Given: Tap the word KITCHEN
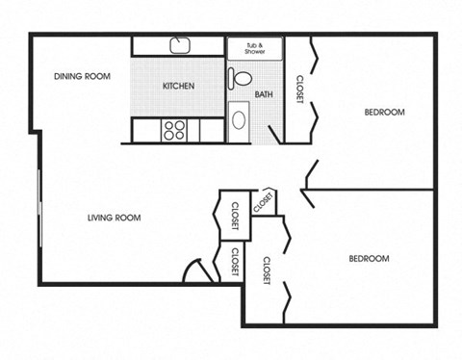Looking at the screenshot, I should (x=178, y=86).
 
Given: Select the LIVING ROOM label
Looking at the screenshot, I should (x=115, y=218).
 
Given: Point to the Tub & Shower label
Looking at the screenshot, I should (x=255, y=46).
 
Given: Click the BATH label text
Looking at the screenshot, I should (x=264, y=94).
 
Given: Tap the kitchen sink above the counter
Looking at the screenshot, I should (x=180, y=45).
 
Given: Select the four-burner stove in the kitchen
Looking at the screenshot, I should (x=174, y=129).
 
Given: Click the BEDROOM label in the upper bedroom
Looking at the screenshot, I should (x=384, y=112).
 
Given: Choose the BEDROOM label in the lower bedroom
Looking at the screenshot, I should (x=368, y=258).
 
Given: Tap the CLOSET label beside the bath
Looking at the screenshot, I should (x=300, y=91).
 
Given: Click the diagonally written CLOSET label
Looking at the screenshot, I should (x=263, y=202).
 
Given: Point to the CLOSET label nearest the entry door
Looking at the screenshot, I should (x=235, y=264).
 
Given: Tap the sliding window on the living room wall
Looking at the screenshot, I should (x=39, y=207).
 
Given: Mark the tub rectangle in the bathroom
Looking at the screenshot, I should (x=255, y=46).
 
